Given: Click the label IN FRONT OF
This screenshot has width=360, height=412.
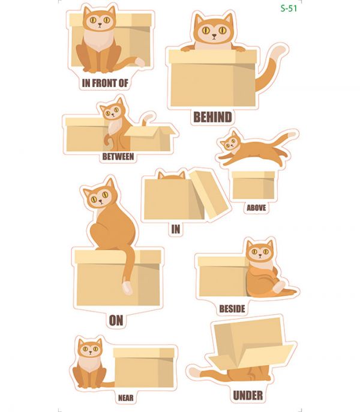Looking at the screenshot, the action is [105, 83].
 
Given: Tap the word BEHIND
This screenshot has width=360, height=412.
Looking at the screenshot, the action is [212, 117].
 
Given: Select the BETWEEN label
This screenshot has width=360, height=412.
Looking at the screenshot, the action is [118, 157].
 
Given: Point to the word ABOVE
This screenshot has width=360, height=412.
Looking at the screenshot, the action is [256, 208].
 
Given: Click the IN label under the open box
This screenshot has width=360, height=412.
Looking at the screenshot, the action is [176, 229].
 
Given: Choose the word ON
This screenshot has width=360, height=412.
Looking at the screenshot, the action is [116, 321].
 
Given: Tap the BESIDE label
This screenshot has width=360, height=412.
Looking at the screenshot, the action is [232, 309].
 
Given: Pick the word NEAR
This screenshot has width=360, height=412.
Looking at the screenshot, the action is [126, 398].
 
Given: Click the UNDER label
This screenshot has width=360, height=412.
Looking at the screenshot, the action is [248, 395].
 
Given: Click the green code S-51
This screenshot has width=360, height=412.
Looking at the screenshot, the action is [289, 8].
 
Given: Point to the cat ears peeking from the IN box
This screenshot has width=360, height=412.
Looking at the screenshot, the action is [172, 175].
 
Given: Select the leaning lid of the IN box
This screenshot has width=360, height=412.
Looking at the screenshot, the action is [209, 195].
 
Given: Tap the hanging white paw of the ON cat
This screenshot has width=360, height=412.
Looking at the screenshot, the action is [127, 288].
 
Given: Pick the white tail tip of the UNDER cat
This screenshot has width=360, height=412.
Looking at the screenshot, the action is [194, 372].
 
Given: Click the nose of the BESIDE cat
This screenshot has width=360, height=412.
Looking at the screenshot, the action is [260, 255].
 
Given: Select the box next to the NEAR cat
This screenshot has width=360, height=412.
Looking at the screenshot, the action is [144, 368].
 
